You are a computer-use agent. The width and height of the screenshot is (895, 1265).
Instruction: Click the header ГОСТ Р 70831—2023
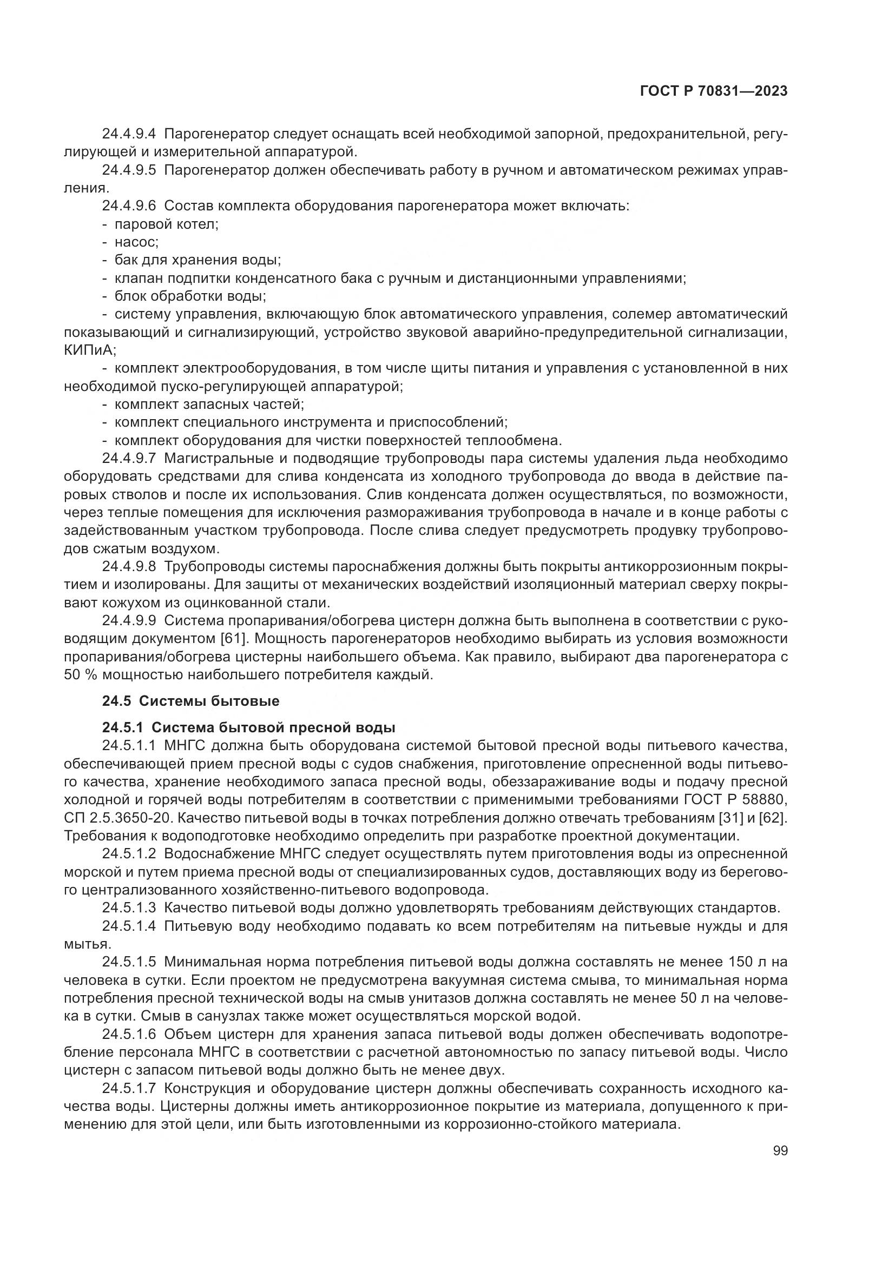(x=713, y=91)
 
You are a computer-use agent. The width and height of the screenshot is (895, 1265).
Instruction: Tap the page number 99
(x=780, y=1150)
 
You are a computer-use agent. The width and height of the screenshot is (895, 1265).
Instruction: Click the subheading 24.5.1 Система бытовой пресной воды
(x=248, y=727)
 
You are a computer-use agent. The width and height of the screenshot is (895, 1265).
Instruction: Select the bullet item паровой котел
(x=167, y=224)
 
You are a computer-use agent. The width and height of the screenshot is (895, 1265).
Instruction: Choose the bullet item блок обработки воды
(x=190, y=296)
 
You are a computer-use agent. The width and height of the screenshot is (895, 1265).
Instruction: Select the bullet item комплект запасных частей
(x=209, y=405)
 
